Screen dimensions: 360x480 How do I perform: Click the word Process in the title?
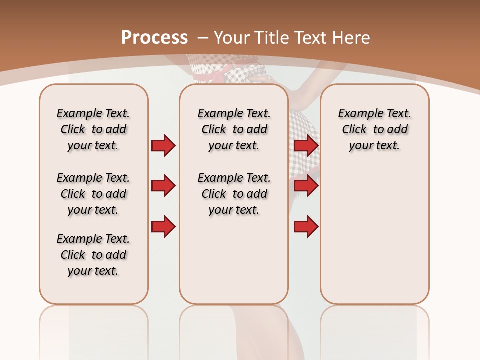pos(154,38)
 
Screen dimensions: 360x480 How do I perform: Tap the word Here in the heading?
pos(352,38)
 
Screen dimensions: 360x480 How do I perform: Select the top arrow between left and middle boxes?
pos(163,145)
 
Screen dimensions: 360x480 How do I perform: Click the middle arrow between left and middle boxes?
pos(163,186)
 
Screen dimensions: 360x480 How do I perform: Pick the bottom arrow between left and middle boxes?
pos(163,227)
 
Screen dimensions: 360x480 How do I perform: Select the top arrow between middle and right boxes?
pos(306,145)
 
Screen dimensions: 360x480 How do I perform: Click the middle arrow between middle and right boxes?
pos(306,186)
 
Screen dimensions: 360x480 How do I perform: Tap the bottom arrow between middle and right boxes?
pos(306,227)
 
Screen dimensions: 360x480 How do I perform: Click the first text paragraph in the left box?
pos(93,129)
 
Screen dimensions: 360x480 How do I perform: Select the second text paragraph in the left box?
pos(93,194)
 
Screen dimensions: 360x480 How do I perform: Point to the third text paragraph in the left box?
pos(93,255)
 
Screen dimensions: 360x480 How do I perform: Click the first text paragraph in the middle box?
pos(234,129)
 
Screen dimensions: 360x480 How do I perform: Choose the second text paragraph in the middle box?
pos(234,194)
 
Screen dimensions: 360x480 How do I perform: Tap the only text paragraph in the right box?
pos(375,129)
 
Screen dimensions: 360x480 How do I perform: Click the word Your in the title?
pos(232,38)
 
